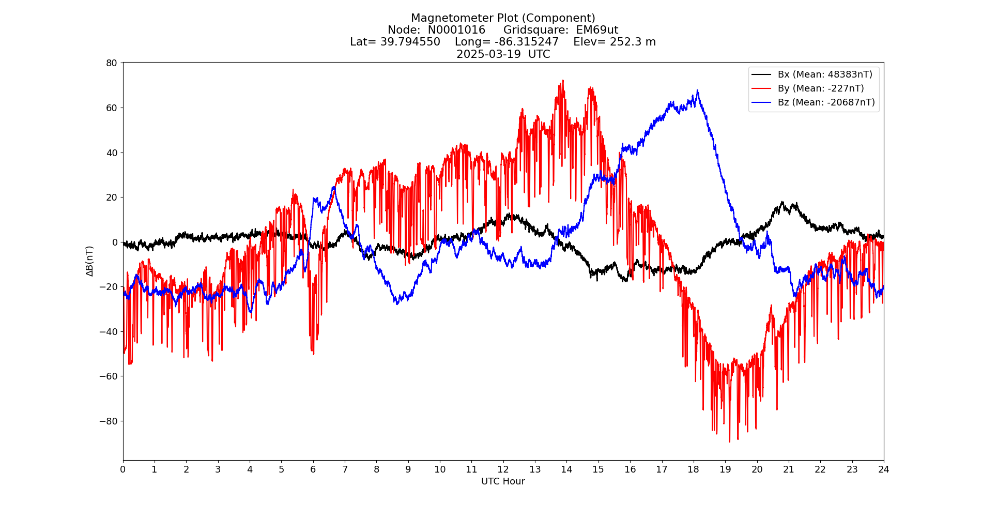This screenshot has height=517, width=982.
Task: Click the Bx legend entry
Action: point(825,74)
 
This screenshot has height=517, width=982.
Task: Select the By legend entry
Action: point(821,88)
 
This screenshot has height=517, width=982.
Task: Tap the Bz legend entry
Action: point(826,102)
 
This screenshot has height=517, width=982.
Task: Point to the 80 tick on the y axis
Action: point(112,63)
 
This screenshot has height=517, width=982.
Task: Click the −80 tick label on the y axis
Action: point(108,421)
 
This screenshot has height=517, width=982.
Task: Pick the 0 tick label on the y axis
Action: point(115,242)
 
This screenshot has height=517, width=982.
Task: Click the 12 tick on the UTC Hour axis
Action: point(503,469)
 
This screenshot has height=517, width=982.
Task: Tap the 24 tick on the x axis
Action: point(884,469)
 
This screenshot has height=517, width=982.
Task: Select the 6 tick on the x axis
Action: point(313,469)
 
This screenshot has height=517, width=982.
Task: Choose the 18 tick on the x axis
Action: point(693,469)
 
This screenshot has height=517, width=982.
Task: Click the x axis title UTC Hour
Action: point(503,481)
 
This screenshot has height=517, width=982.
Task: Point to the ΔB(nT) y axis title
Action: point(89,261)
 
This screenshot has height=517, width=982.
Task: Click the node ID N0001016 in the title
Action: point(456,30)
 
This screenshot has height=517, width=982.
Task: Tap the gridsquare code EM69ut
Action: point(597,30)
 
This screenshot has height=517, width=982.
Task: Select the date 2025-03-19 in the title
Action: point(488,54)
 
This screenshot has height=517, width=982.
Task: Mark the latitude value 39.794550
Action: point(410,42)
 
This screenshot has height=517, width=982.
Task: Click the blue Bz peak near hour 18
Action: point(697,90)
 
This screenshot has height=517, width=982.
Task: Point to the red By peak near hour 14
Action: point(563,81)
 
